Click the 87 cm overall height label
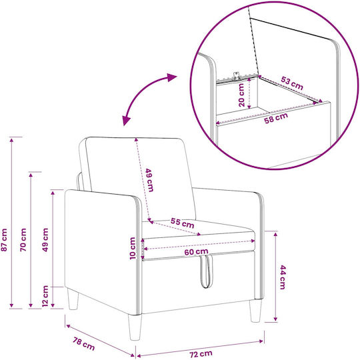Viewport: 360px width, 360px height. tap(5, 240)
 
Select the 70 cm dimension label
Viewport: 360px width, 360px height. tap(23, 240)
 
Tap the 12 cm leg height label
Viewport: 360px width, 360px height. tap(45, 296)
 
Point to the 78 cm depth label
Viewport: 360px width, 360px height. tap(83, 344)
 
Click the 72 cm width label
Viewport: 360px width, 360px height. tap(201, 354)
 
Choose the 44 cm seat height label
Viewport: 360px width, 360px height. tap(283, 277)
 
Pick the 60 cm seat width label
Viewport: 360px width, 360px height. tap(196, 252)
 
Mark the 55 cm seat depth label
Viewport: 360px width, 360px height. tap(182, 223)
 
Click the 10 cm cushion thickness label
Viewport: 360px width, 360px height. tap(133, 249)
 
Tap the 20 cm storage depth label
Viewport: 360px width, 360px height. tap(241, 95)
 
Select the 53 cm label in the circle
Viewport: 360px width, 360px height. tap(292, 83)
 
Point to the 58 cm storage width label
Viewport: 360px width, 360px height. tap(276, 118)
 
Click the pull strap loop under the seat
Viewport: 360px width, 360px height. tap(207, 271)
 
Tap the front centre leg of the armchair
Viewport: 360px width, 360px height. tap(135, 327)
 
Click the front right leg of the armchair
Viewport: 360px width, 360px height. tap(255, 311)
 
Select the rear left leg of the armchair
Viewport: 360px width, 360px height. tap(73, 299)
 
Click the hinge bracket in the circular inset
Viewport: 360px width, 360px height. tap(237, 76)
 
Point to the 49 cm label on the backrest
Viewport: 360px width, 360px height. tap(149, 180)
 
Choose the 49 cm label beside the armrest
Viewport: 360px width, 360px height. tap(45, 240)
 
